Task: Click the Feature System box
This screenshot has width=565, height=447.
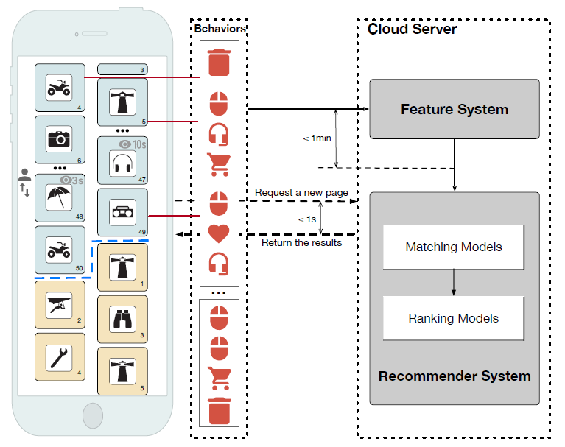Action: (455, 109)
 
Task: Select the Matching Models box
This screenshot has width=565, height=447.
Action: (454, 247)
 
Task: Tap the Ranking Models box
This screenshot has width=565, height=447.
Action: (454, 318)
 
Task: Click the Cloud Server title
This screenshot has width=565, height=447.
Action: (412, 29)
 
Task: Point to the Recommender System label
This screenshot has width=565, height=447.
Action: (455, 376)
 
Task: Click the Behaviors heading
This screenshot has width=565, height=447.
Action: (220, 29)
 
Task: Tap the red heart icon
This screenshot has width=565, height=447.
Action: (220, 233)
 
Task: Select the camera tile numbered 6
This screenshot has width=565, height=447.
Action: (60, 139)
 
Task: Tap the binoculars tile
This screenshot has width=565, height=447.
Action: (122, 320)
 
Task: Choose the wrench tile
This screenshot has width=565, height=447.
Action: (60, 356)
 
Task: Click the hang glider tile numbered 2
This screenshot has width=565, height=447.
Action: (60, 303)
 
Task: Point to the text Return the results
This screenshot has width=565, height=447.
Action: (302, 242)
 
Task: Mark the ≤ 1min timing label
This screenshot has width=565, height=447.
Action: (316, 138)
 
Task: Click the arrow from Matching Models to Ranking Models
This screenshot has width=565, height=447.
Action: (454, 282)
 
